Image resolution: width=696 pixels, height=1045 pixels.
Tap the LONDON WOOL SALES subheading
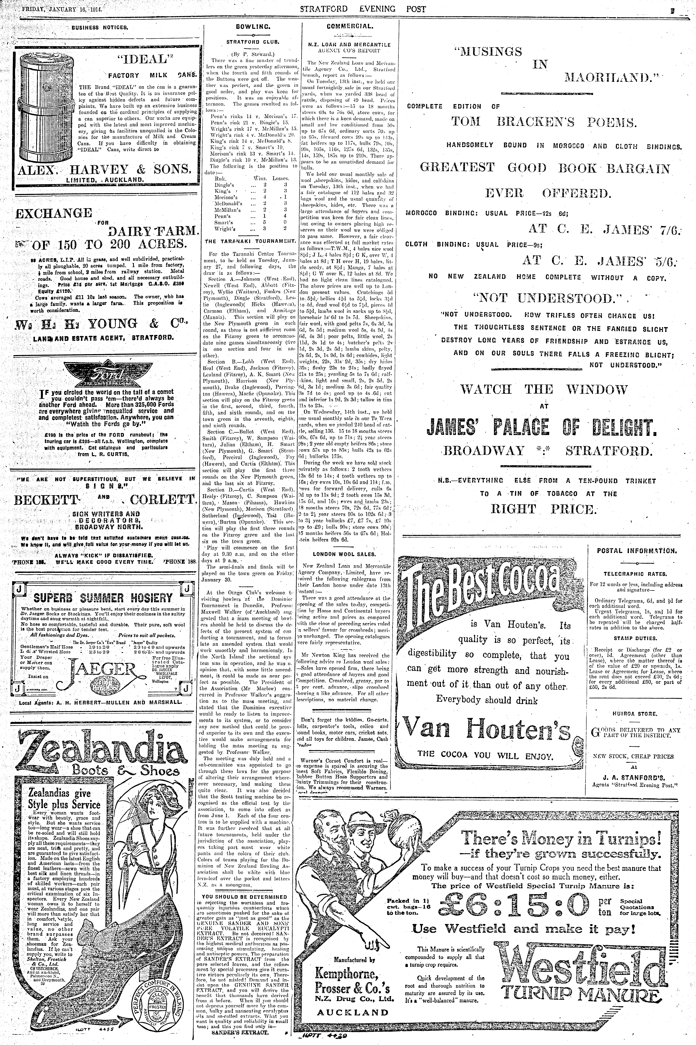344,554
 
